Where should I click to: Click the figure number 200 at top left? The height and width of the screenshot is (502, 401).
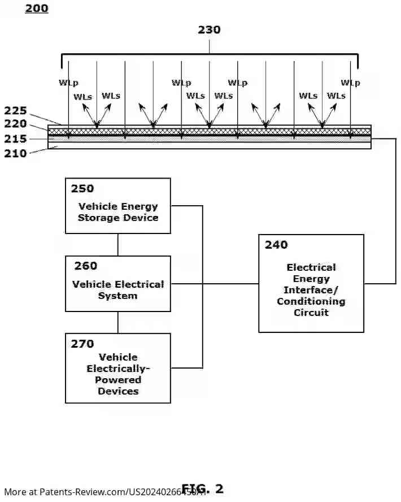click(x=37, y=8)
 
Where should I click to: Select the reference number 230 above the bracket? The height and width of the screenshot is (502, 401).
click(x=209, y=30)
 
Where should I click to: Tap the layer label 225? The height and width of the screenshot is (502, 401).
click(x=15, y=111)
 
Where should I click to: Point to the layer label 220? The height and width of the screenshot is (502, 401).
click(x=15, y=123)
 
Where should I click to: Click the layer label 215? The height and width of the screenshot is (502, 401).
click(x=15, y=138)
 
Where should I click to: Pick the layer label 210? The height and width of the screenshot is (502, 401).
click(x=15, y=153)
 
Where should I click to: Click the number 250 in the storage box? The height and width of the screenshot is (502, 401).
click(x=82, y=189)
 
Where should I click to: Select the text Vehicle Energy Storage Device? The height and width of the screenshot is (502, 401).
click(x=118, y=212)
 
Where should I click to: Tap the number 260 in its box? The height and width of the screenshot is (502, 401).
click(x=85, y=266)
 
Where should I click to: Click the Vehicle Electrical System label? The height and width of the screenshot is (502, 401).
click(x=118, y=289)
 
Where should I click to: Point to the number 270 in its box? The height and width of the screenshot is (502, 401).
click(x=82, y=343)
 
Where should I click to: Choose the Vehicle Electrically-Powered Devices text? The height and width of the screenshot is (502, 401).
click(x=118, y=374)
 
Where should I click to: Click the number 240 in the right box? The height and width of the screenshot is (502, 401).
click(x=276, y=245)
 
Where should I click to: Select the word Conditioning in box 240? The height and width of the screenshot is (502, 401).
click(x=311, y=301)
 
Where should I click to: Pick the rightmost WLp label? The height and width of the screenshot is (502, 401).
click(x=350, y=83)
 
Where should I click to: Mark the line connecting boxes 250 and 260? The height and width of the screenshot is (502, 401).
click(x=118, y=245)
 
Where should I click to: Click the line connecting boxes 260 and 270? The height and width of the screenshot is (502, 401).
click(x=118, y=322)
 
